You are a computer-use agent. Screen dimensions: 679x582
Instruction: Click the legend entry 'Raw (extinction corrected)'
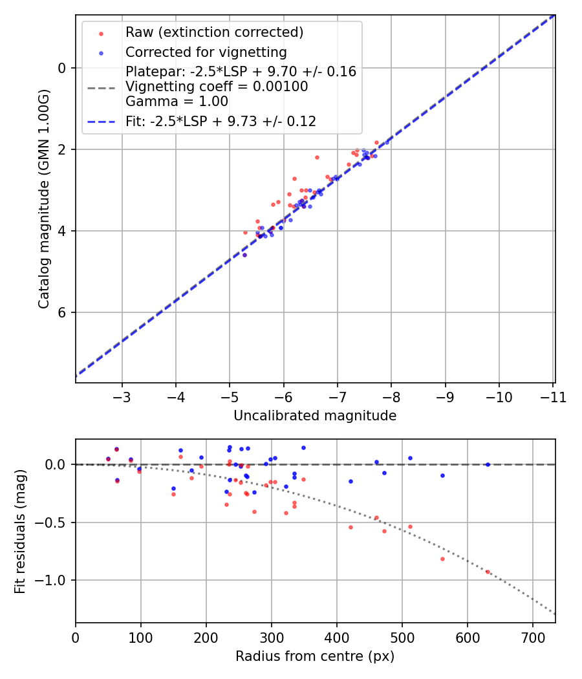coord(214,32)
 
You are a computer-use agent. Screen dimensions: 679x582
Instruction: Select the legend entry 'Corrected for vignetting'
coord(206,52)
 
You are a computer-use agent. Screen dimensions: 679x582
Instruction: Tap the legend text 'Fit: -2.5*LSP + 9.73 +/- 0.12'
coord(221,122)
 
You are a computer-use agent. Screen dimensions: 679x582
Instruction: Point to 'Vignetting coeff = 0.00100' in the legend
coord(217,87)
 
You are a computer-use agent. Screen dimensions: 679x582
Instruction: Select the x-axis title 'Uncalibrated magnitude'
coord(315,416)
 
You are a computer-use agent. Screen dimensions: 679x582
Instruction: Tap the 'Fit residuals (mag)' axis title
coord(19,531)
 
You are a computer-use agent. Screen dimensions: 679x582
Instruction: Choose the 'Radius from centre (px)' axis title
coord(315,656)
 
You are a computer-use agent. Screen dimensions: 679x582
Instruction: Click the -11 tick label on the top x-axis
coord(553,396)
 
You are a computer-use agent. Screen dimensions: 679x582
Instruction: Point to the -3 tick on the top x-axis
coord(122,396)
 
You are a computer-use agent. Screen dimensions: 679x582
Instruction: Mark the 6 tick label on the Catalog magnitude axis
coord(62,313)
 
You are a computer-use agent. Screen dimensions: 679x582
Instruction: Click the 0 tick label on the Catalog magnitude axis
coord(62,68)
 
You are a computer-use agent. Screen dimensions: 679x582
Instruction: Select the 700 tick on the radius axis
coord(532,637)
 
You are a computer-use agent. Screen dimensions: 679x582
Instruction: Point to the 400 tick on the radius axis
coord(336,637)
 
